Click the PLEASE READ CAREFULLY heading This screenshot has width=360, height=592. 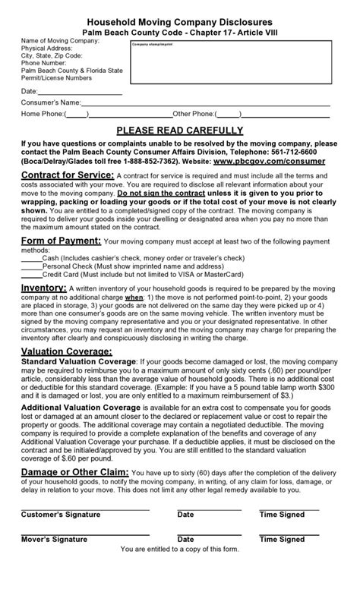[179, 129]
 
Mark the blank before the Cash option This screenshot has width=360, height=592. [31, 258]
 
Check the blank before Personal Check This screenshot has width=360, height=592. [31, 266]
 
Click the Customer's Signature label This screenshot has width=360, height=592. [60, 515]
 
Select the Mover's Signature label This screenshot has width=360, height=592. [55, 540]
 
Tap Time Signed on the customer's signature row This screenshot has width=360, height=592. [282, 515]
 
